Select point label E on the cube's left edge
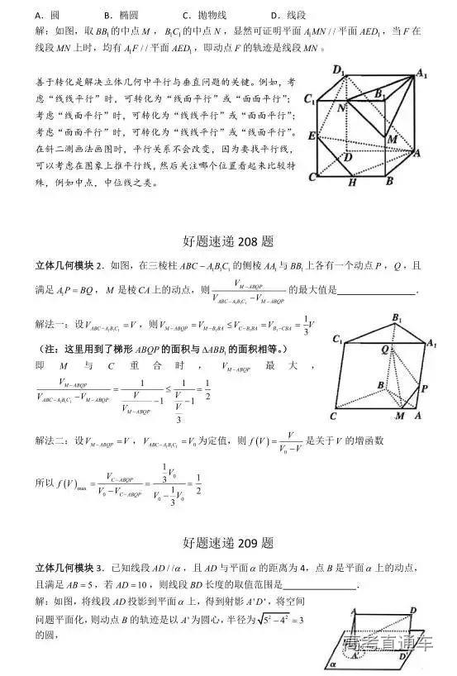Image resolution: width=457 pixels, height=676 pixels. coord(311,135)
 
